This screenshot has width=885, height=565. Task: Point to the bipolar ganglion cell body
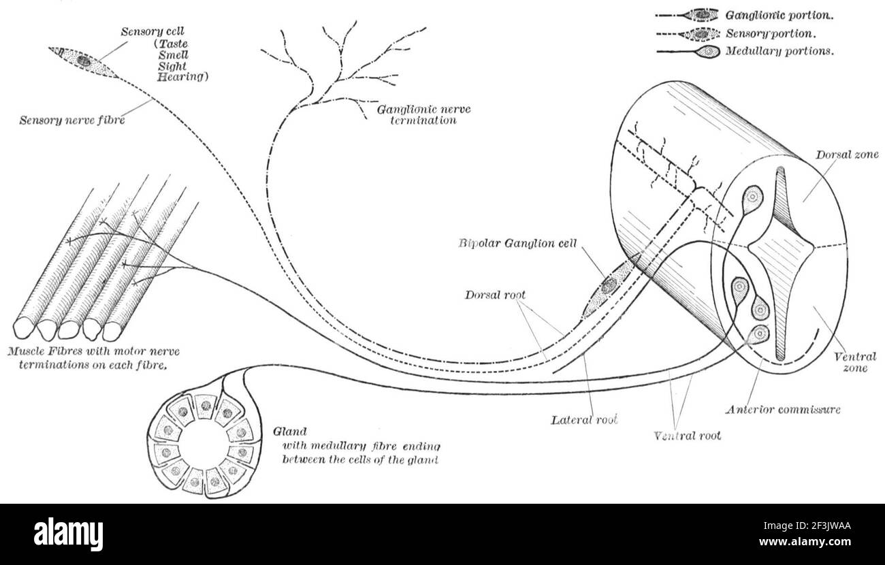coord(607,287)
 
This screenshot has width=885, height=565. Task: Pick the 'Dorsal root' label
coord(495,295)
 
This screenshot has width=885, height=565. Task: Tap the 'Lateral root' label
coord(583,420)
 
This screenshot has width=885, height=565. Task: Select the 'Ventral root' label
coord(687,435)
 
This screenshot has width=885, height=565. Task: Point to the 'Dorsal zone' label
coord(847,155)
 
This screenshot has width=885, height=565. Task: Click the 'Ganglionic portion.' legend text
coord(779,14)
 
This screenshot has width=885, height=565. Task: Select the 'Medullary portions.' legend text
coord(779,50)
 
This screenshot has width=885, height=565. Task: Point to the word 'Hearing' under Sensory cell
coord(182,77)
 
